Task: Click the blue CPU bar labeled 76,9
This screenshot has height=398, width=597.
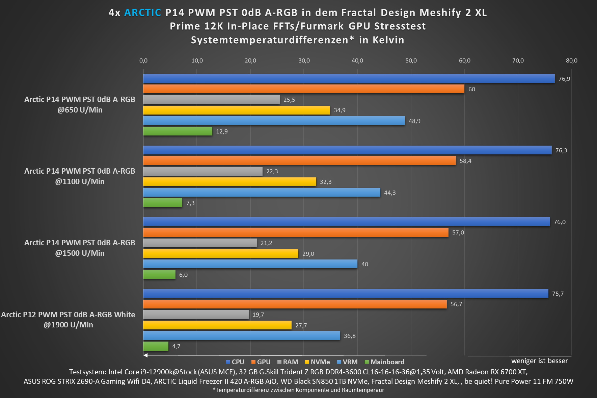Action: [349, 79]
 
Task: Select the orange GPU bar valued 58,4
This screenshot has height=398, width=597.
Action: [299, 161]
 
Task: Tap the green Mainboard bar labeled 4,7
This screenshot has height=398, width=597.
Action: [156, 346]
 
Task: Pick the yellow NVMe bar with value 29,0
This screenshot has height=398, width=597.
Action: [221, 253]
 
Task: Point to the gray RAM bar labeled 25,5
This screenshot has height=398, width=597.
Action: [211, 100]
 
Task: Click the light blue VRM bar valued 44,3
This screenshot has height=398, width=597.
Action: [262, 193]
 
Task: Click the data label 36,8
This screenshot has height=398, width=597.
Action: [350, 336]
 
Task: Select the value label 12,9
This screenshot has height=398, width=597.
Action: [222, 131]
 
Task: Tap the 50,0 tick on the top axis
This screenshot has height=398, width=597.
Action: [411, 60]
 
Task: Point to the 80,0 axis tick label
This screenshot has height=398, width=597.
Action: [571, 60]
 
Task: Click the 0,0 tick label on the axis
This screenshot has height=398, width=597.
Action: [143, 60]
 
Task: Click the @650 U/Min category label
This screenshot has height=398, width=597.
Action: [80, 110]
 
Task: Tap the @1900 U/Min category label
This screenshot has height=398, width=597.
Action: [68, 325]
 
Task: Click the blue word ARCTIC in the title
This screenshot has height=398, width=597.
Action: [143, 13]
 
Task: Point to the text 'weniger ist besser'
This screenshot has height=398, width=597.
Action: [539, 361]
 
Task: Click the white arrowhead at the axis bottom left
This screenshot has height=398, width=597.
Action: [145, 355]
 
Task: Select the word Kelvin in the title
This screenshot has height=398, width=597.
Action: [388, 40]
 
